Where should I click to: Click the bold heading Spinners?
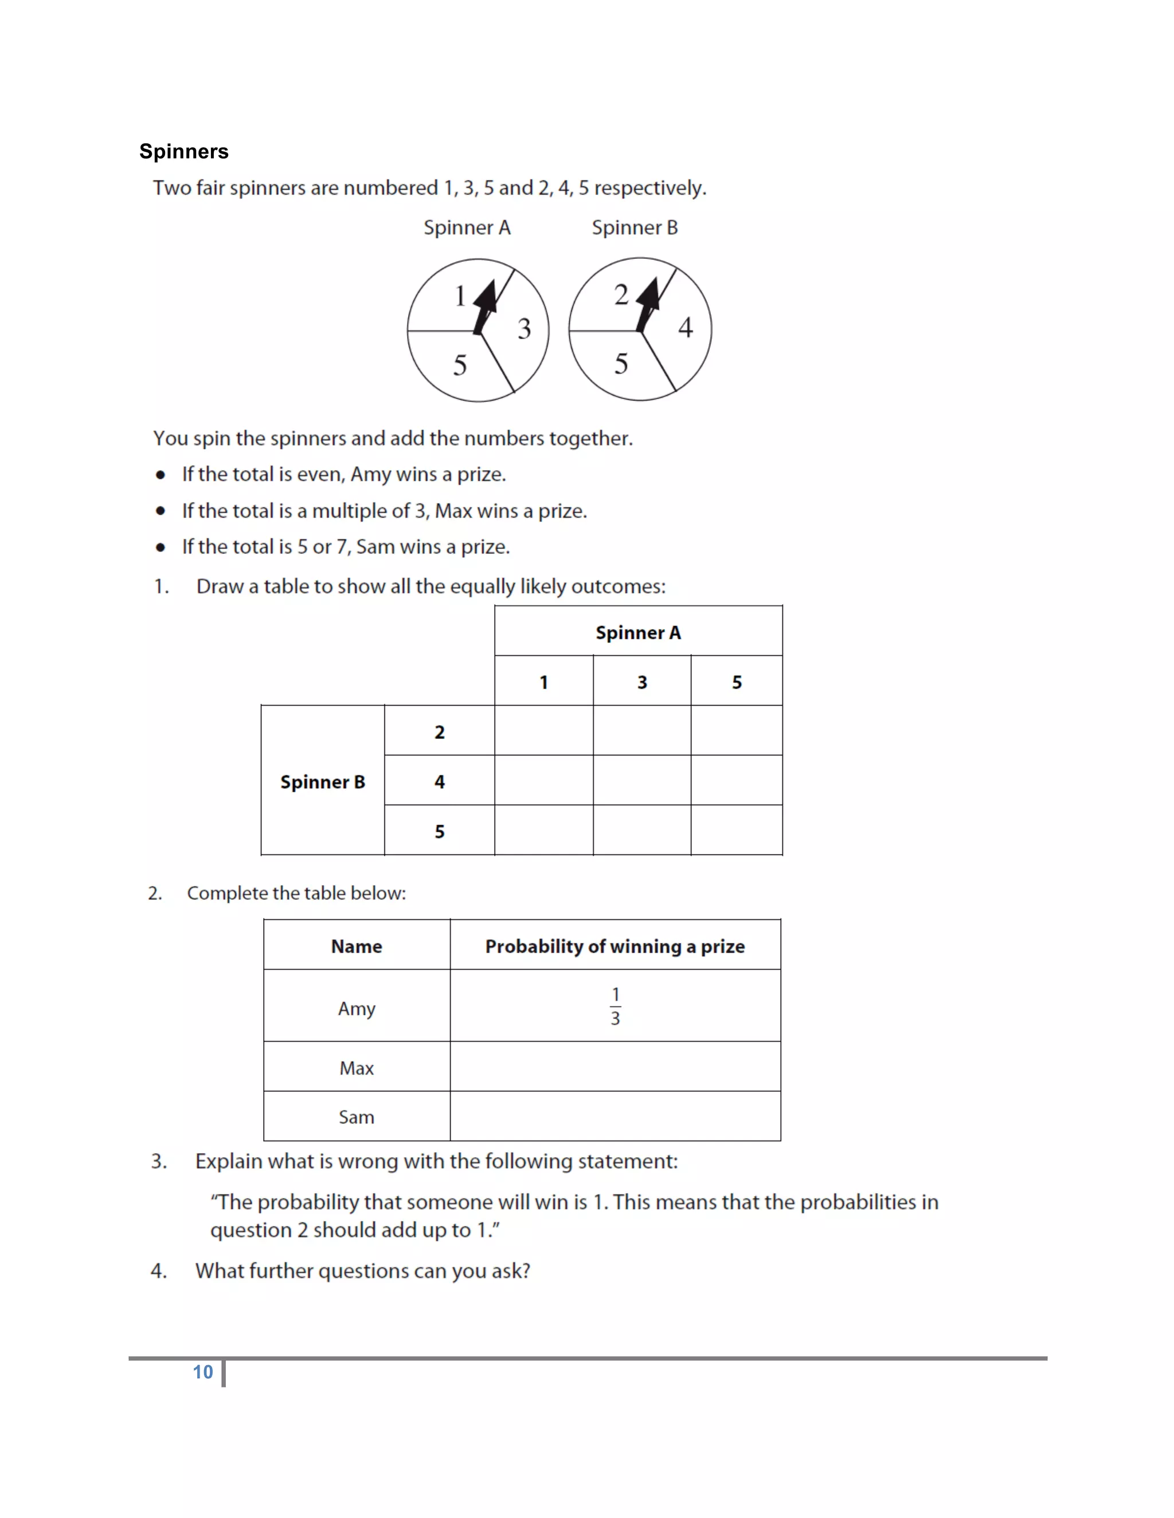[x=183, y=152]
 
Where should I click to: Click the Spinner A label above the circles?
[x=467, y=228]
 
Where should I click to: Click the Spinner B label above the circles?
[x=635, y=228]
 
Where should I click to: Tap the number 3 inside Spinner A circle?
[x=524, y=329]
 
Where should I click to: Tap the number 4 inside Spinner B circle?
[x=685, y=327]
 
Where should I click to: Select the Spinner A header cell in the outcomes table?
[x=638, y=632]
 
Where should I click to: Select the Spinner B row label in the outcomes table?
[x=322, y=781]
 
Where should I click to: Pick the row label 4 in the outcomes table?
[x=439, y=781]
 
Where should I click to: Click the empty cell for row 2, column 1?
[x=543, y=730]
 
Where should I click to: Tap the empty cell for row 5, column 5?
[x=736, y=831]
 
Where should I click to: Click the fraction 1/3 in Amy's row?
[x=615, y=1006]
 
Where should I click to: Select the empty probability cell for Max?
[x=615, y=1067]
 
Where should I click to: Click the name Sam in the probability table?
[x=356, y=1117]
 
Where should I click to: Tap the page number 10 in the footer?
[x=202, y=1372]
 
